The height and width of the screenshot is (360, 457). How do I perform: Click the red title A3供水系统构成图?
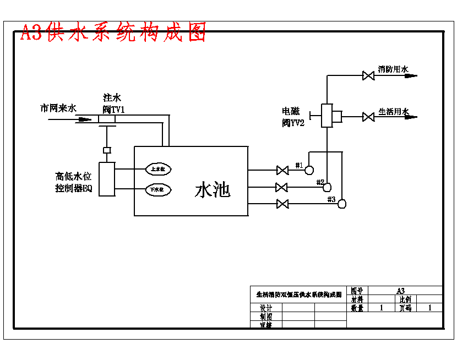click(113, 33)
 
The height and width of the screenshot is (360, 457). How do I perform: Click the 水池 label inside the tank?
click(212, 190)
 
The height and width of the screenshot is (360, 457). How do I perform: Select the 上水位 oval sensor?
click(159, 169)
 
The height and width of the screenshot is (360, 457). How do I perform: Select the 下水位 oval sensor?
click(159, 190)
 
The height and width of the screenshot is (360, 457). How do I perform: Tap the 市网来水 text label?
click(58, 108)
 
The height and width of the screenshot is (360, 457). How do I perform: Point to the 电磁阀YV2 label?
click(293, 117)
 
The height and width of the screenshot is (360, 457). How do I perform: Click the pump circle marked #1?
click(309, 170)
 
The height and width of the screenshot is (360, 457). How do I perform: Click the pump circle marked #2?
click(327, 187)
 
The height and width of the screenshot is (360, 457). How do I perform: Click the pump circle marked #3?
click(342, 204)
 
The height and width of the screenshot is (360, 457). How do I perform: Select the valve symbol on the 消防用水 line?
click(368, 75)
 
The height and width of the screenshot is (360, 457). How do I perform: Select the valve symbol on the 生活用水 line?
click(368, 117)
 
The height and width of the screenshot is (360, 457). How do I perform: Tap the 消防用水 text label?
click(393, 69)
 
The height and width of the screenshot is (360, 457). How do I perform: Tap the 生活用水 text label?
click(394, 111)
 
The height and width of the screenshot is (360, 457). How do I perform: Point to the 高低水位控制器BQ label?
click(74, 182)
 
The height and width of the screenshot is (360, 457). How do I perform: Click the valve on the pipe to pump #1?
click(282, 170)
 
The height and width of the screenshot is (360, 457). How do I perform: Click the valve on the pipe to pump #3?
click(282, 204)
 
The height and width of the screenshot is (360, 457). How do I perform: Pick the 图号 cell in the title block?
click(357, 291)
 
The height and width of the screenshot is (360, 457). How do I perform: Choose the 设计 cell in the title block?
click(266, 308)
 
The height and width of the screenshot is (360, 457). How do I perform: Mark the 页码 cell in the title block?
click(405, 308)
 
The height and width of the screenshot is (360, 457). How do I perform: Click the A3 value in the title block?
click(400, 291)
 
